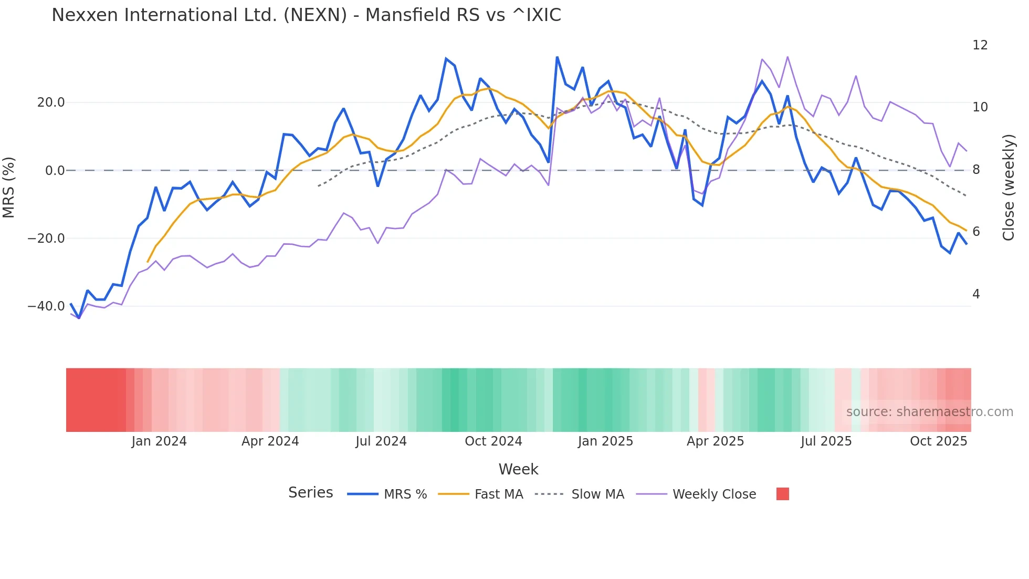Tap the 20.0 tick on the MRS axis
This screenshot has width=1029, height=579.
pyautogui.click(x=51, y=102)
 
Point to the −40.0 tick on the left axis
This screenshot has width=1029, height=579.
pyautogui.click(x=46, y=306)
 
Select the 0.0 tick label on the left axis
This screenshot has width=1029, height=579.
pyautogui.click(x=55, y=170)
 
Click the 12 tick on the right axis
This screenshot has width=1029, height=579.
pyautogui.click(x=980, y=45)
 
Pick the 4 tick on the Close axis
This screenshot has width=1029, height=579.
pyautogui.click(x=976, y=294)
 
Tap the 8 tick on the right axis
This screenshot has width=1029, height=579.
pyautogui.click(x=976, y=170)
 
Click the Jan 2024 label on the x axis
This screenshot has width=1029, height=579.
pyautogui.click(x=159, y=441)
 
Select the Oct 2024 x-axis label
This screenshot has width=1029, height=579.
pyautogui.click(x=493, y=441)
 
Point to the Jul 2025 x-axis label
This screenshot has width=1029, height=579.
pyautogui.click(x=826, y=441)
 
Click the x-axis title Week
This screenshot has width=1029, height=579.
pyautogui.click(x=518, y=469)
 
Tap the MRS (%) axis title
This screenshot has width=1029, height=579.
pyautogui.click(x=9, y=187)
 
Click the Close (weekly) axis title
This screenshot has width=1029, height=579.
pyautogui.click(x=1009, y=187)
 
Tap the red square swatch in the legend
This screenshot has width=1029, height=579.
pyautogui.click(x=782, y=494)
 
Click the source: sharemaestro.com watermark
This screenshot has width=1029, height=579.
pyautogui.click(x=929, y=412)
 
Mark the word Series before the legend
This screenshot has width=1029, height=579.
pyautogui.click(x=310, y=493)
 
